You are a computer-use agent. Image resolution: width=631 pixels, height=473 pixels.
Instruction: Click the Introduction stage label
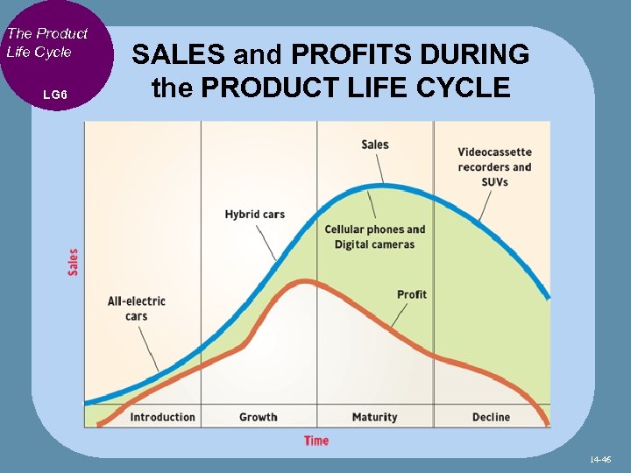tap(162, 417)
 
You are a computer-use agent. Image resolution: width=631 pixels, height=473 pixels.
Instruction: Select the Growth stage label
tap(258, 417)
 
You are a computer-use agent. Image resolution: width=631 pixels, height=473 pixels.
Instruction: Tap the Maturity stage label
tap(374, 417)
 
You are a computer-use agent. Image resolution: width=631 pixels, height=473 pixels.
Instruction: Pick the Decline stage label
tap(491, 417)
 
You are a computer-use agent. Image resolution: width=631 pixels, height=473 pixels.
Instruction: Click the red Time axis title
tap(316, 441)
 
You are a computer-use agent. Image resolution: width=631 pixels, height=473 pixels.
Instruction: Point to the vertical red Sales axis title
tap(73, 263)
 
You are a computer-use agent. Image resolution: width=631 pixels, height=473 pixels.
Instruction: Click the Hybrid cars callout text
tap(254, 215)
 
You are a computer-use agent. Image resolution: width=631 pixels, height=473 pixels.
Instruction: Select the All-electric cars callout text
tap(136, 308)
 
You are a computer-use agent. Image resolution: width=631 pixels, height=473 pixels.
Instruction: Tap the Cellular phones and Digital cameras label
tap(374, 237)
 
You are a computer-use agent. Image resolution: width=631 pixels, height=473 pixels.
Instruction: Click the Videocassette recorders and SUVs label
tap(494, 166)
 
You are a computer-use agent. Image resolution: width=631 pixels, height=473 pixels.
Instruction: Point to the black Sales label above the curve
tap(374, 145)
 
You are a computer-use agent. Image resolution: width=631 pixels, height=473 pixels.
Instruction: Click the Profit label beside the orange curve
tap(411, 294)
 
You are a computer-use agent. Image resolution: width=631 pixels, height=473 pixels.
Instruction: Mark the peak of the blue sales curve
tap(381, 185)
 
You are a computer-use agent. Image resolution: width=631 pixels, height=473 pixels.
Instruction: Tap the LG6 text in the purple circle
tap(54, 94)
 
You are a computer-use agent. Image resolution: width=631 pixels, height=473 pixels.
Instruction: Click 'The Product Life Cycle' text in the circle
tap(47, 42)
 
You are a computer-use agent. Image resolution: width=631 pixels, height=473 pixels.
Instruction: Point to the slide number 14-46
tap(600, 459)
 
